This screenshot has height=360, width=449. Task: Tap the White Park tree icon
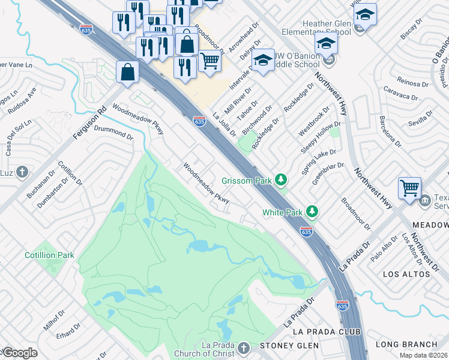click(312, 212)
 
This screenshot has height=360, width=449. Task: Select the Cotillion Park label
click(49, 255)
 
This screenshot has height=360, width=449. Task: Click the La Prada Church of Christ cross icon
click(243, 349)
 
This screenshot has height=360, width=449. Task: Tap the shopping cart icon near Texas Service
click(409, 187)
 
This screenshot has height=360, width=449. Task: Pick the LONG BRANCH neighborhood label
click(406, 344)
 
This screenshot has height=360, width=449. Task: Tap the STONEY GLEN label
click(285, 346)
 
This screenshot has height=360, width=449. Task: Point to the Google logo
click(19, 353)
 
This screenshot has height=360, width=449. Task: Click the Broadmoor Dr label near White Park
click(356, 214)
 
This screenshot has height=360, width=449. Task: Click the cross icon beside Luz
click(22, 173)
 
